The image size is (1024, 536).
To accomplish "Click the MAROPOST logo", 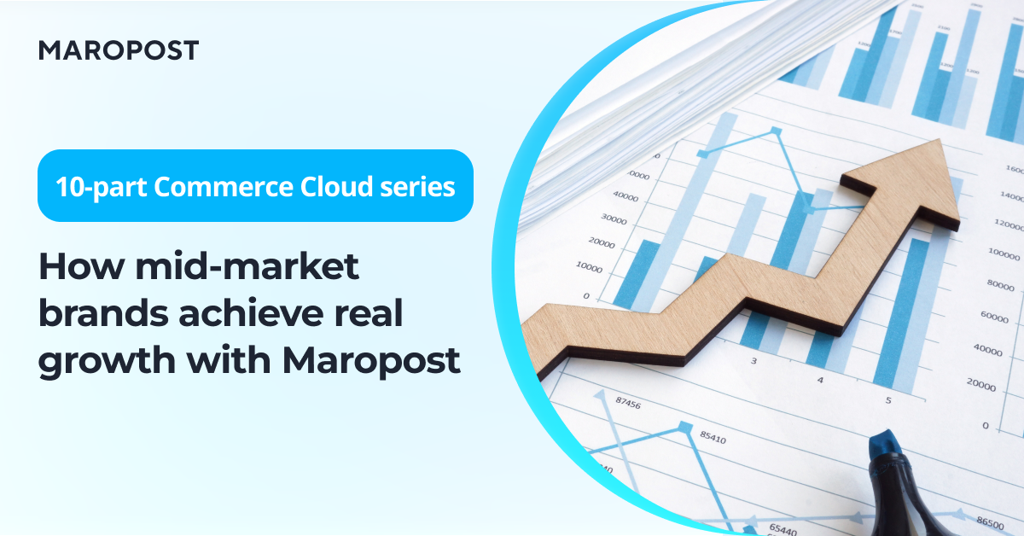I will coord(118,50).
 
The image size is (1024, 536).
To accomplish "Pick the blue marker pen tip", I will coord(885,445).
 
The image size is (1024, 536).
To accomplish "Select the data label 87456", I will coord(627,405).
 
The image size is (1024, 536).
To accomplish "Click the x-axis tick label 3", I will coord(753,361).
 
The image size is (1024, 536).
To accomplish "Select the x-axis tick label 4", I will coord(820,380).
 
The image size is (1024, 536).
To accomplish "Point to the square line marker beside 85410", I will coord(684,427).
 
